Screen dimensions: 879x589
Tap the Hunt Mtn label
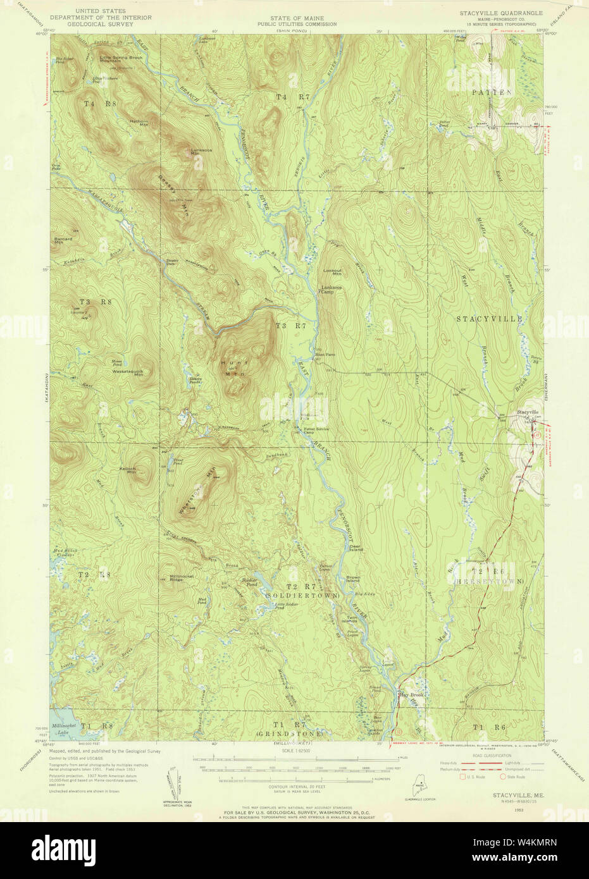click(233, 367)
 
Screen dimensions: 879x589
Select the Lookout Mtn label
click(332, 273)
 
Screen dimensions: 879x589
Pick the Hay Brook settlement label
click(409, 694)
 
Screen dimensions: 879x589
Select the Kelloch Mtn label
click(128, 470)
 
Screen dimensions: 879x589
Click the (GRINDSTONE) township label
click(290, 733)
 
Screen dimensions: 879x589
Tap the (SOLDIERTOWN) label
click(303, 596)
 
